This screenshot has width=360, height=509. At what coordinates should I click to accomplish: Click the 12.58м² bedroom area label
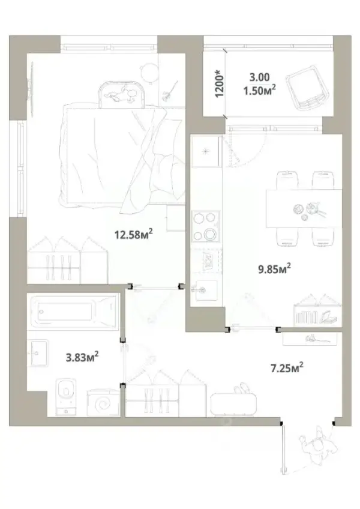pos(133,233)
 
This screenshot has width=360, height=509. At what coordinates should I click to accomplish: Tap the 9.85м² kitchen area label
pos(274,269)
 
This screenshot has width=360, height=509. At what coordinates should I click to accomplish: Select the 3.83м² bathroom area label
pos(82,357)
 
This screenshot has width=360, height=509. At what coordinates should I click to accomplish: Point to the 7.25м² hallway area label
pos(287,368)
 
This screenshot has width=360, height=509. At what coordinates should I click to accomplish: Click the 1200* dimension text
pos(220,83)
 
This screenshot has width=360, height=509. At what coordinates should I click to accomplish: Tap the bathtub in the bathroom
pos(73,312)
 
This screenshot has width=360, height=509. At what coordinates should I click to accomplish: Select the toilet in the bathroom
pos(66,396)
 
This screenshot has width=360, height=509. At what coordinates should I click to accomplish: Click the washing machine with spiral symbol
pos(104,403)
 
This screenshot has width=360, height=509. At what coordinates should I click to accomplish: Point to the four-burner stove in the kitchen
pos(205,226)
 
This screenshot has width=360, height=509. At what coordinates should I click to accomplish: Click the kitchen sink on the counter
pos(204,289)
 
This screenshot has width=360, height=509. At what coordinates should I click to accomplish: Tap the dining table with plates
pos(304,209)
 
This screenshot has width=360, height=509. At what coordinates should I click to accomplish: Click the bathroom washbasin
pos(38,353)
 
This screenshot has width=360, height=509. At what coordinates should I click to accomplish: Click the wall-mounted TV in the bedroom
pos(31,89)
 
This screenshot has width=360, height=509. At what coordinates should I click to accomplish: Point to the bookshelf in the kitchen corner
pos(318,311)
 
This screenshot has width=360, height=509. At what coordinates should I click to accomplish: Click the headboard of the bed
pos(121,94)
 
